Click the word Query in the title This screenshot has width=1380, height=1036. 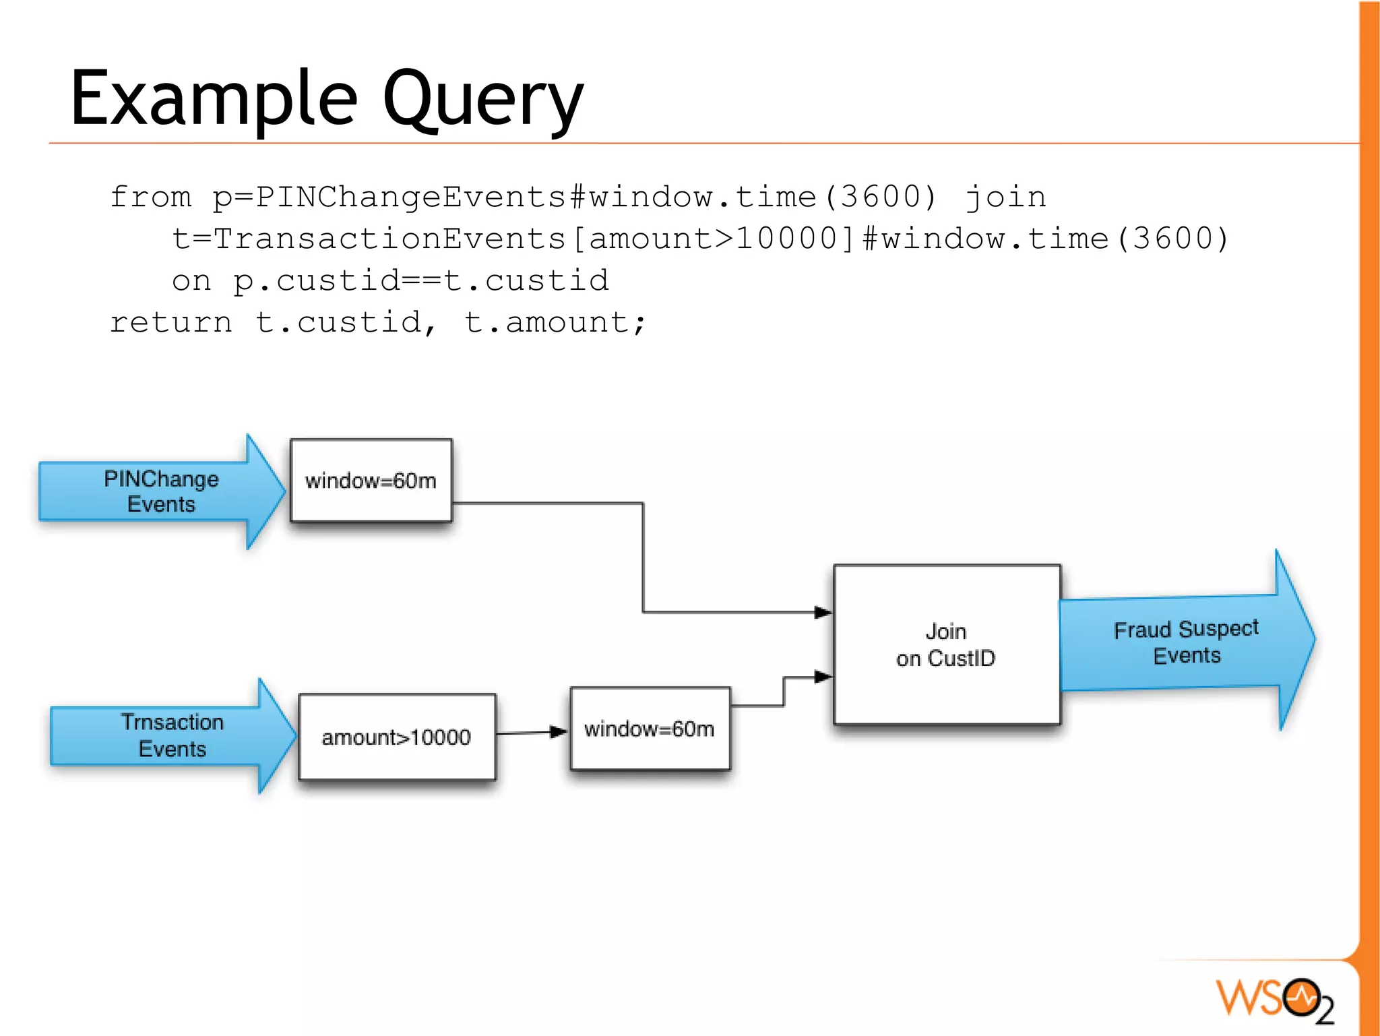tap(482, 101)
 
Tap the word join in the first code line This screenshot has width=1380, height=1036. tap(1005, 197)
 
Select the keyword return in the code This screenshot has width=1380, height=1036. tap(171, 323)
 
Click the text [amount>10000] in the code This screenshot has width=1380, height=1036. tap(713, 239)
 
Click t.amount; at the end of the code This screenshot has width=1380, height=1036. tap(555, 323)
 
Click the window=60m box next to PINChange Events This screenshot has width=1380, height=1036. tap(371, 481)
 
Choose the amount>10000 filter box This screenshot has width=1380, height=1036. tap(396, 737)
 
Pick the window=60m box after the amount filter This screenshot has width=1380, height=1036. tap(649, 729)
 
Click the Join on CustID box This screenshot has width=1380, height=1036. tap(946, 645)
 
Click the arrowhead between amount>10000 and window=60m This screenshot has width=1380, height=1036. tap(558, 732)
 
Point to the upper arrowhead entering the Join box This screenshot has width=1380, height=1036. tap(823, 612)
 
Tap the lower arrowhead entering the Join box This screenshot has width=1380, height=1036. tap(823, 677)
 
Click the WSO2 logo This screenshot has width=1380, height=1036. tap(1274, 999)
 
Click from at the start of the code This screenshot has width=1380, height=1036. tap(150, 197)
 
